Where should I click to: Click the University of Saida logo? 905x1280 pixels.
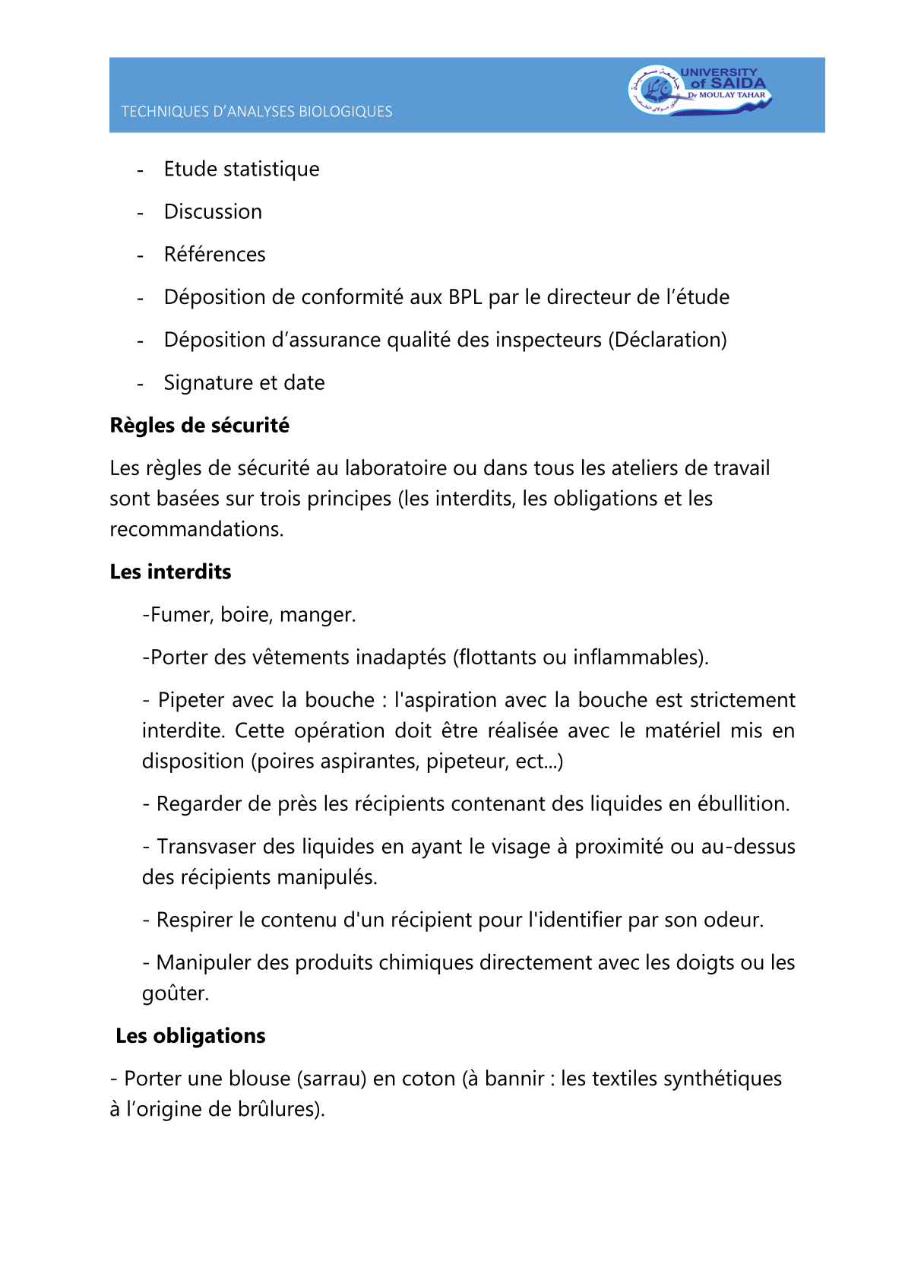(699, 90)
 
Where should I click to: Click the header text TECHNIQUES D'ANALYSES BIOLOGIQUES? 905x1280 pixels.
(257, 112)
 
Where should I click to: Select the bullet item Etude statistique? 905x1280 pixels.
(242, 169)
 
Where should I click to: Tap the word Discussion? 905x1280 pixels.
(213, 211)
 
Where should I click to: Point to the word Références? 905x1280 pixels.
(214, 254)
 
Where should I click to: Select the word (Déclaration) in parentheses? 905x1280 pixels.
(667, 339)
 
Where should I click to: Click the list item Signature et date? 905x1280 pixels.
(244, 382)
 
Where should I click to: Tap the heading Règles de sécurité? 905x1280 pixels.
(199, 425)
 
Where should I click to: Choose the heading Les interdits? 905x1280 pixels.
(170, 572)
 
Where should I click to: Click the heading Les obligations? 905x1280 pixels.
(190, 1036)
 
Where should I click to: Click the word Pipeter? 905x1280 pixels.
(191, 699)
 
